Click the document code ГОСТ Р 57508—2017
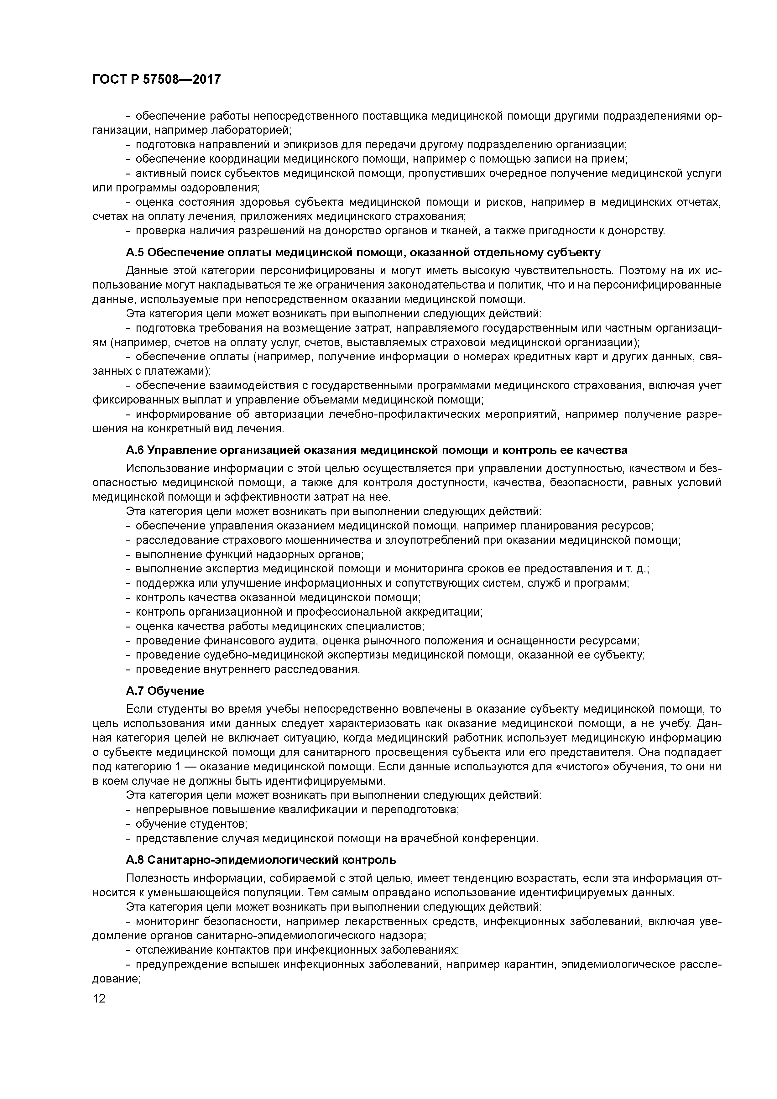click(157, 79)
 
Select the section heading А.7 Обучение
click(165, 691)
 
